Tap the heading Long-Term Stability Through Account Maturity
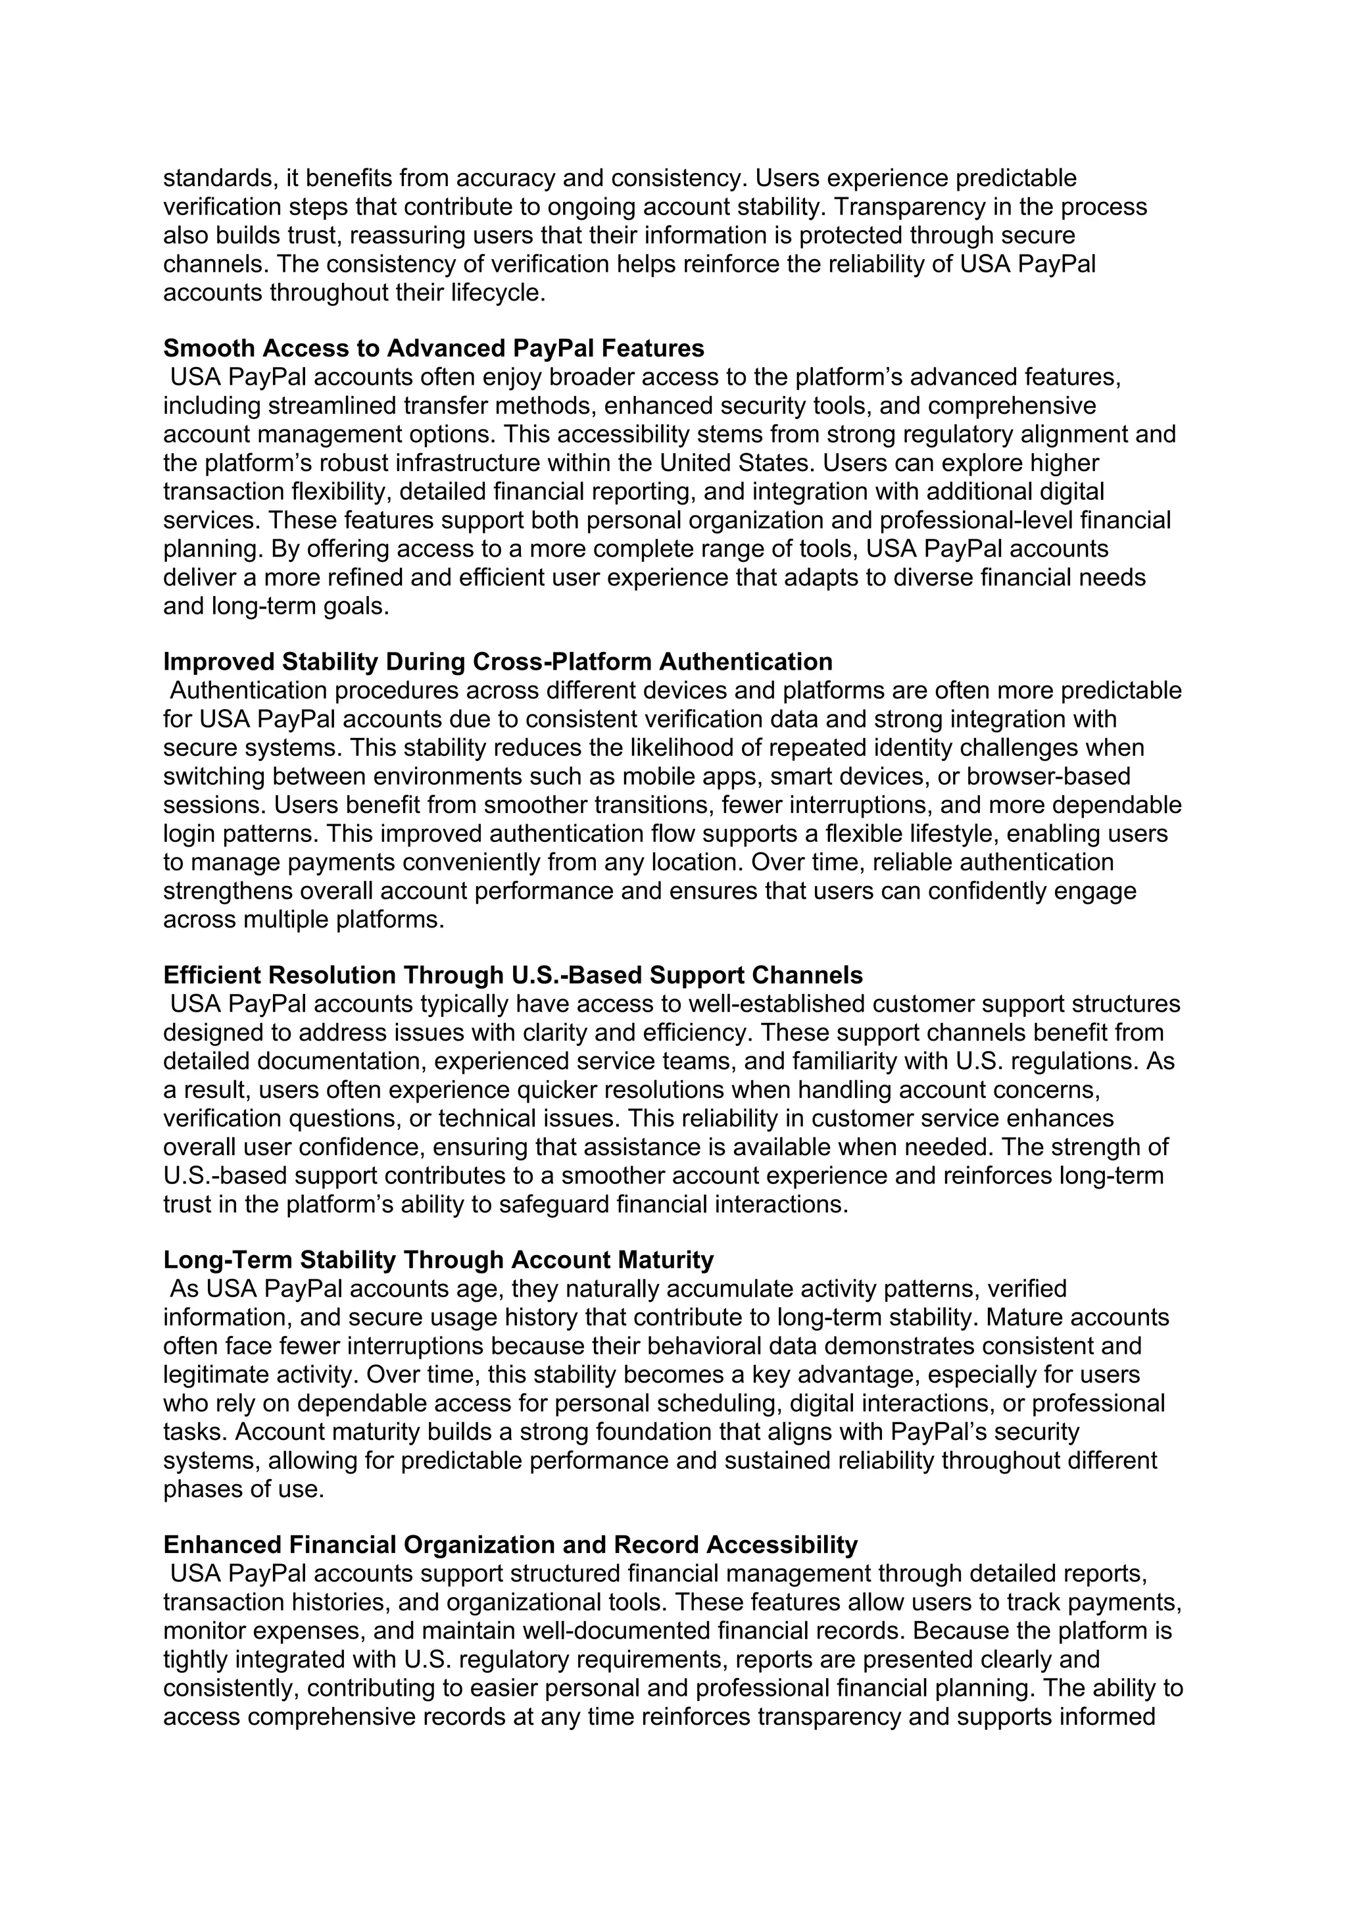click(438, 1260)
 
